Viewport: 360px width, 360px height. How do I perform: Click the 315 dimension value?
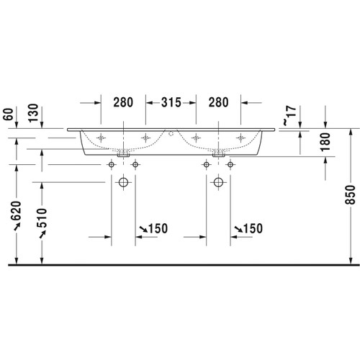tap(170, 102)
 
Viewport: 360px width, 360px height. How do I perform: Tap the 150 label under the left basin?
tap(156, 228)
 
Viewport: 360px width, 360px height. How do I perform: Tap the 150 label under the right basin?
tap(248, 228)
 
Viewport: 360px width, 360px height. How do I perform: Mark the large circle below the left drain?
tap(124, 183)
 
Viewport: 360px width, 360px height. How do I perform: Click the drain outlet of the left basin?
tap(124, 153)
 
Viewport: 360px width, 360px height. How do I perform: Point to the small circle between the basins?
tap(171, 134)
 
